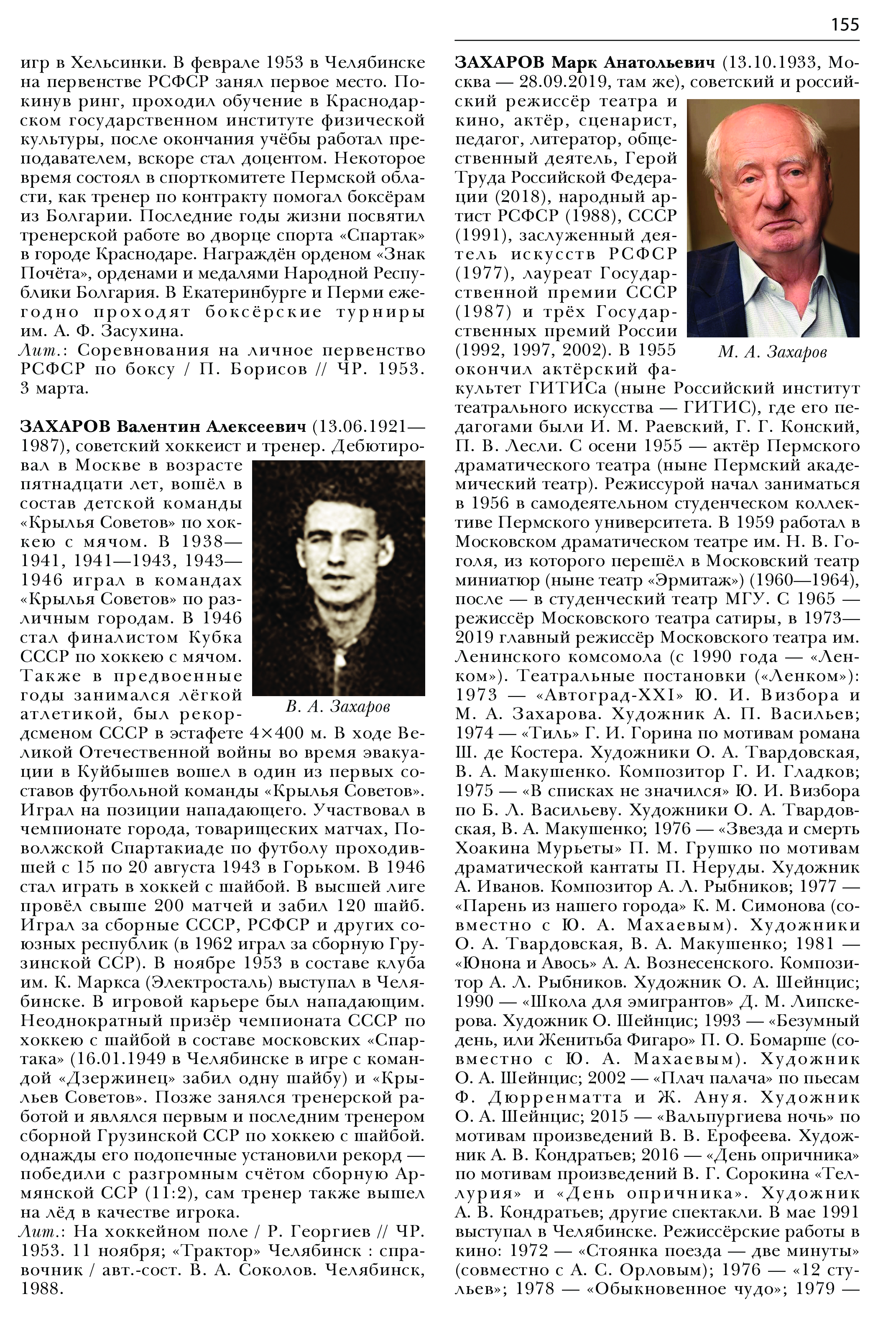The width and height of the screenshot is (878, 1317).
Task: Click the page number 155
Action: click(x=845, y=24)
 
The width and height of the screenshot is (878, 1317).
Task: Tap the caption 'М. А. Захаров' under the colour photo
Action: click(x=772, y=352)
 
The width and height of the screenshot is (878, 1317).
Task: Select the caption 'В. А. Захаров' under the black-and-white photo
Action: click(x=338, y=707)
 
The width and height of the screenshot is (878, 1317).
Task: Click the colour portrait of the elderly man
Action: click(x=773, y=218)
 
